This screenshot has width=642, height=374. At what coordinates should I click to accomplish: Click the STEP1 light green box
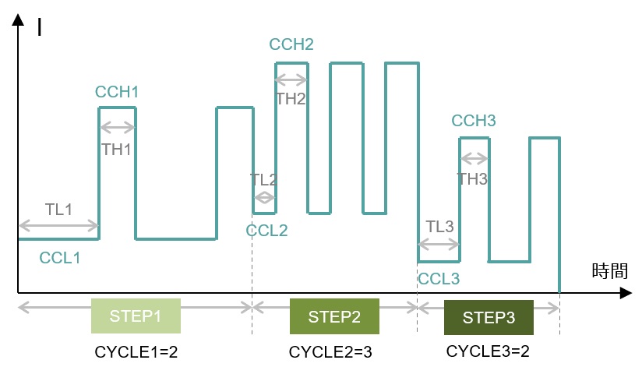tap(136, 316)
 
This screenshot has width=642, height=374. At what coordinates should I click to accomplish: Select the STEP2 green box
tap(334, 316)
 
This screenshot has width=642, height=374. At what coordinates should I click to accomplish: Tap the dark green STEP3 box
tap(489, 317)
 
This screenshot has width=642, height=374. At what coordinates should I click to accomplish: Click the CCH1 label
tap(117, 92)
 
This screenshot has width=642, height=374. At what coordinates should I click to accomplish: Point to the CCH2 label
tap(291, 44)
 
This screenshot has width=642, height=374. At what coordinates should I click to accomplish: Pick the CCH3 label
tap(474, 121)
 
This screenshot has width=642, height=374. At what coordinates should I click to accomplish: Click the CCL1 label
tap(60, 258)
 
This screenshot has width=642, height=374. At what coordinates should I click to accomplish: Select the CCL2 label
tap(267, 231)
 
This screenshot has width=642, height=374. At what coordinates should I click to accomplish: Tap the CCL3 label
tap(439, 279)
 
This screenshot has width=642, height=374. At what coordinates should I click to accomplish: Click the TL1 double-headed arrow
tap(59, 225)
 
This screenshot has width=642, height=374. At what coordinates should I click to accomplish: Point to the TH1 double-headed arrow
tap(118, 128)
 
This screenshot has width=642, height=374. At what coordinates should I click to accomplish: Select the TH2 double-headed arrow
tap(291, 79)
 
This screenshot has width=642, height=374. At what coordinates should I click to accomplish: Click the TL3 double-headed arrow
tap(439, 245)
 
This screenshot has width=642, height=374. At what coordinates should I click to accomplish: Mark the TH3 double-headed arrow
tap(474, 158)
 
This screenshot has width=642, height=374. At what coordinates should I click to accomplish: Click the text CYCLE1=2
tap(136, 352)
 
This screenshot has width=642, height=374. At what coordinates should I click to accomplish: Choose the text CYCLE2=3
tap(330, 352)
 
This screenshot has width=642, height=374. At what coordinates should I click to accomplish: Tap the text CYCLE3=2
tap(488, 351)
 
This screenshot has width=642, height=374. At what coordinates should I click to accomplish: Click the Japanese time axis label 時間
tap(610, 271)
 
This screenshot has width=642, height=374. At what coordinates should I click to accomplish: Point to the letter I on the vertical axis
tap(39, 27)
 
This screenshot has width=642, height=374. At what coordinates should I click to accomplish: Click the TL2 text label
tap(264, 180)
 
